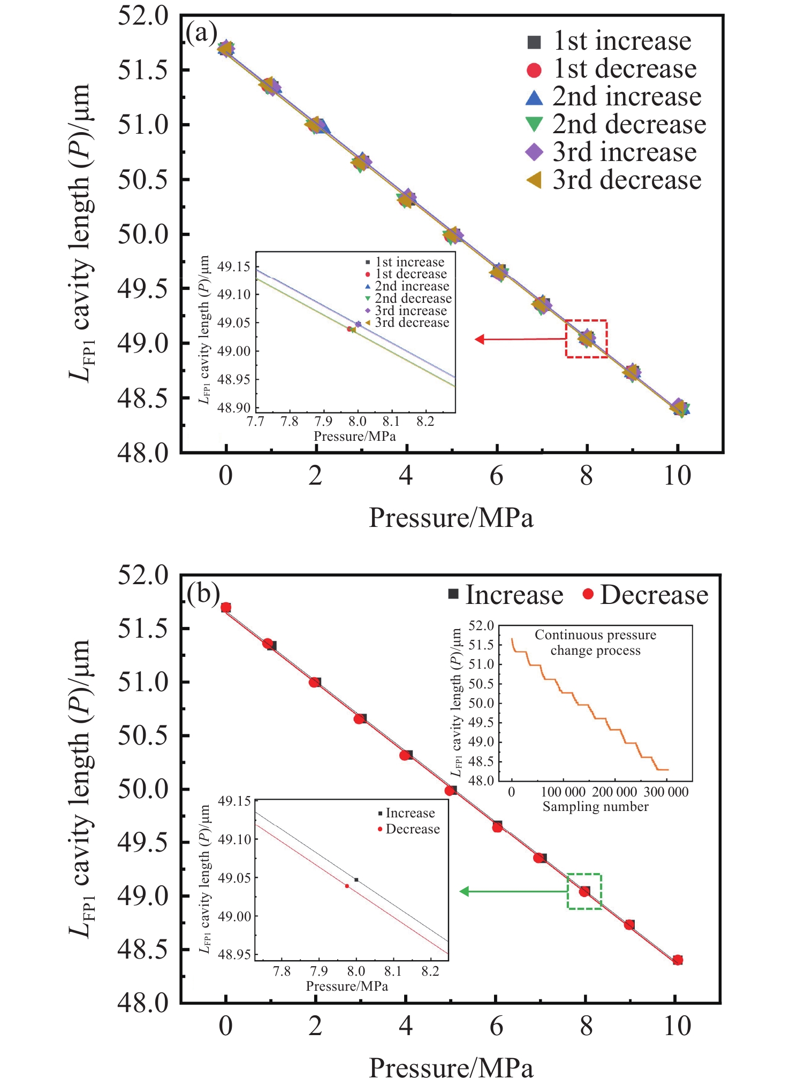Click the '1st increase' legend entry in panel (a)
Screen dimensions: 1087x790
[622, 41]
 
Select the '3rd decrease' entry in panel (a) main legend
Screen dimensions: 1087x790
[627, 180]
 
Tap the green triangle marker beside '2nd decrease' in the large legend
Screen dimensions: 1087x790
[534, 124]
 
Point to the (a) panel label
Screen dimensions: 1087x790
[201, 33]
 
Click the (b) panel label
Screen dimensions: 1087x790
[203, 593]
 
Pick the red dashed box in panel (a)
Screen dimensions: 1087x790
[587, 339]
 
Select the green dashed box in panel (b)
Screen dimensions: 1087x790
[584, 891]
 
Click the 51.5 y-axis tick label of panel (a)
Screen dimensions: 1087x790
[143, 70]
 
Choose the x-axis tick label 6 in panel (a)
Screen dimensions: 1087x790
[496, 476]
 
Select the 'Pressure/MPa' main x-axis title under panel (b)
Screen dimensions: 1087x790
[451, 1068]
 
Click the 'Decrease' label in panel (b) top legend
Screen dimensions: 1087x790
[654, 595]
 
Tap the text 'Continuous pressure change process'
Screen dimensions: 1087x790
[595, 642]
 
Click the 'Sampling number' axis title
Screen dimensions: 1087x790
[595, 807]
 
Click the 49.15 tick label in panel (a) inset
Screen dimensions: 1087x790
[234, 266]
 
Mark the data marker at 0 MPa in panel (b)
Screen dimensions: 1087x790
[226, 607]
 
